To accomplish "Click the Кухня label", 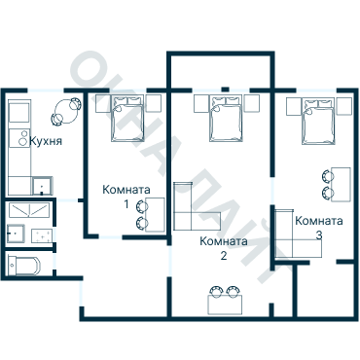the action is tap(46, 141).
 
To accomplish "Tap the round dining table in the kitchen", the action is tap(66, 112).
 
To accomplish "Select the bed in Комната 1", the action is tap(127, 119).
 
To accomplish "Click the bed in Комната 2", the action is tap(226, 119).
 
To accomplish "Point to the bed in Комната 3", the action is tap(318, 122).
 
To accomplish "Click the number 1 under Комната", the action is tap(126, 204).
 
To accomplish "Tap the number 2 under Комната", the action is tap(224, 256).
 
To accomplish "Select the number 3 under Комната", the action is tap(319, 235).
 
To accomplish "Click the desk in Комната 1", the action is tap(155, 214).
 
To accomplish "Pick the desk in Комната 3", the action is tap(342, 184).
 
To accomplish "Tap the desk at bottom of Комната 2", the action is tap(225, 304).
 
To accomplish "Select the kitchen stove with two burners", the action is tap(20, 137).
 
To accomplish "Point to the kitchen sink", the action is tap(42, 186).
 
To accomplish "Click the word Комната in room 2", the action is tap(224, 241).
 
